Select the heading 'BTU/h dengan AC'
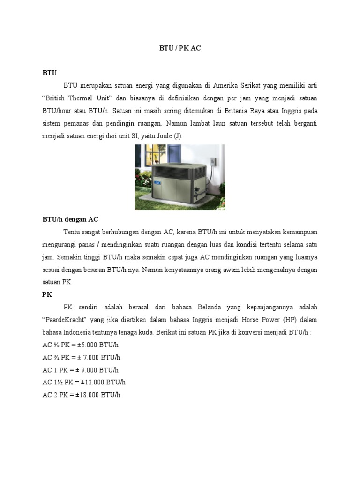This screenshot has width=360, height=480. [x=70, y=219]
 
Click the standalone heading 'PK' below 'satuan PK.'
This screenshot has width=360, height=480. [x=47, y=295]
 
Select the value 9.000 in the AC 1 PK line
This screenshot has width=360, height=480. [x=88, y=370]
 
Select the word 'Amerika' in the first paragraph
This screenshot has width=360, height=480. [x=226, y=86]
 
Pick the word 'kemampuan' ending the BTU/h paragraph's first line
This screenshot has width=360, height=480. [x=298, y=232]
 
